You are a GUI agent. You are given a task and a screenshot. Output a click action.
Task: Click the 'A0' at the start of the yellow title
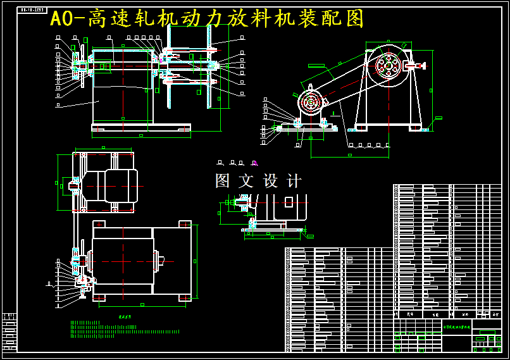63,19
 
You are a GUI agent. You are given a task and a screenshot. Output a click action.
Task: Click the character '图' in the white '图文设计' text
223,181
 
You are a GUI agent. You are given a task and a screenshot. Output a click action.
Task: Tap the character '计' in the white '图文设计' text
294,181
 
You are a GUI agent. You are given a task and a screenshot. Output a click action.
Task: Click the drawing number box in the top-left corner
33,10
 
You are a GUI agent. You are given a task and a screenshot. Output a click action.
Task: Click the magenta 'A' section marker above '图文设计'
255,163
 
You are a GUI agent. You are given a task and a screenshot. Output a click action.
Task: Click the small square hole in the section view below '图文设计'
289,202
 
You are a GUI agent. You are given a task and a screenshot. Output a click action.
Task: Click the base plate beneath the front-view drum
140,128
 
